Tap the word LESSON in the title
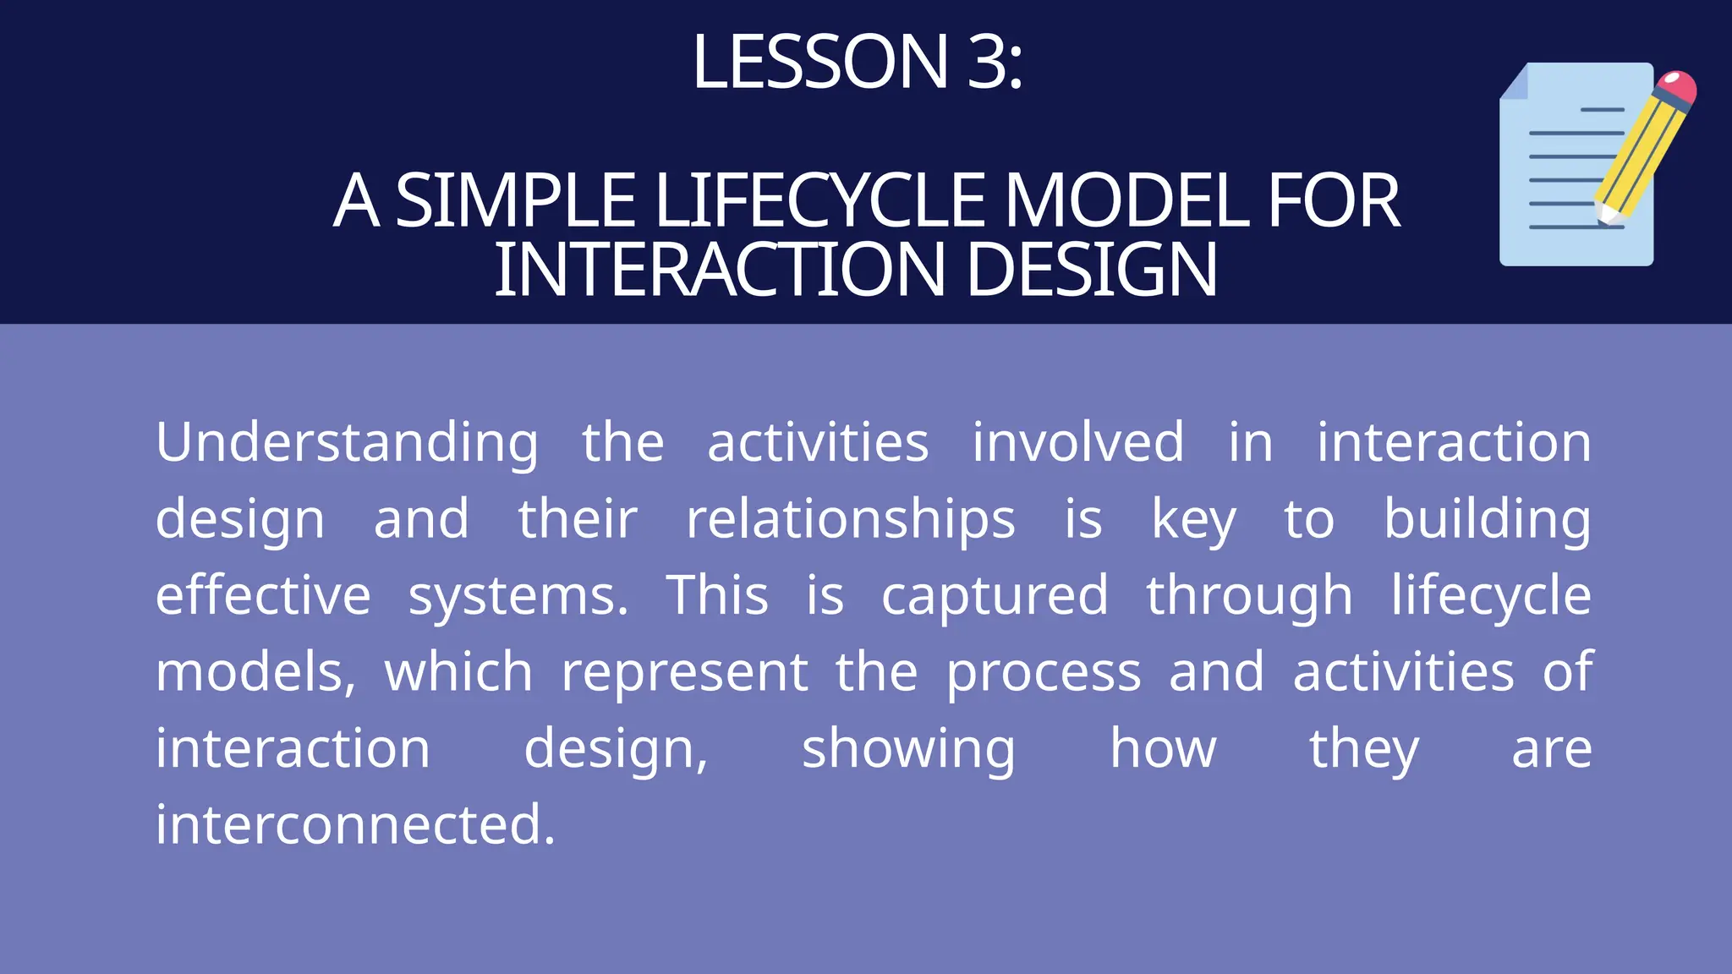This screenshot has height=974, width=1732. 819,62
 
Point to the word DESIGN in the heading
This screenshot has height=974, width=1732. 1090,271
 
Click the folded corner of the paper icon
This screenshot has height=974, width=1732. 1515,82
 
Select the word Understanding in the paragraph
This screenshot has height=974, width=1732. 347,442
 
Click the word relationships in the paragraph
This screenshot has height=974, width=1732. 850,518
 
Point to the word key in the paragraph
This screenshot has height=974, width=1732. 1193,520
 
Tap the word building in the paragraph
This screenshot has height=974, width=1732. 1487,518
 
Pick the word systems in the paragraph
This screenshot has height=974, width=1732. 518,596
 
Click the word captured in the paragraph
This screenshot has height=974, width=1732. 995,596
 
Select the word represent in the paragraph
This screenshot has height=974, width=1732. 685,673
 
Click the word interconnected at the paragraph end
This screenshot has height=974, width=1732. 355,824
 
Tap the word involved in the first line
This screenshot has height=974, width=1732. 1077,442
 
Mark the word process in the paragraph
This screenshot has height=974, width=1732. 1044,673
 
